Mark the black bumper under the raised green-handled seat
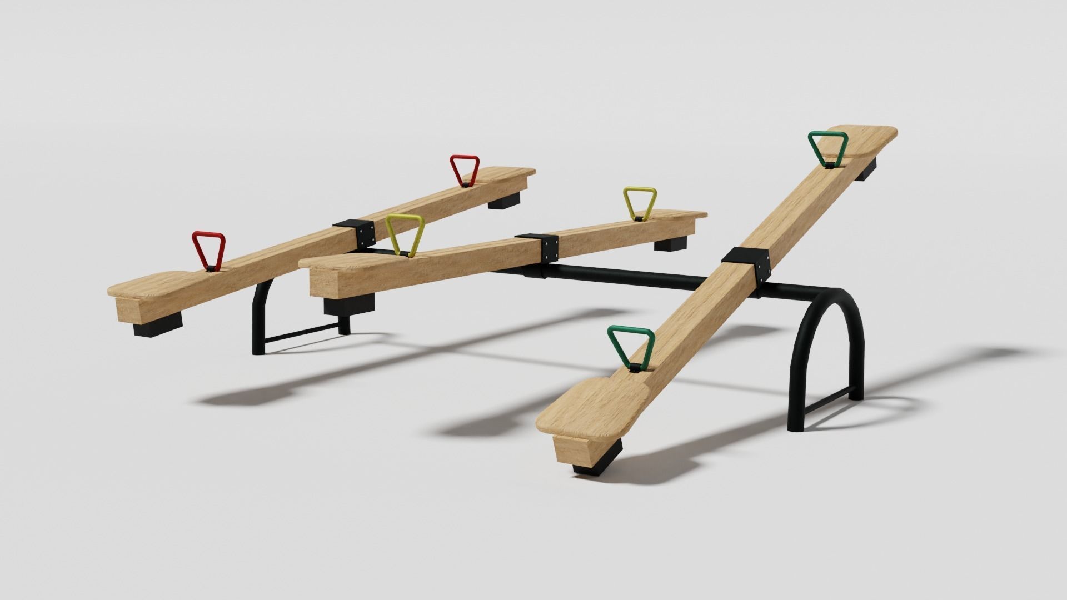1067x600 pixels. [865, 168]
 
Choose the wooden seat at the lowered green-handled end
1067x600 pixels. [589, 403]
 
